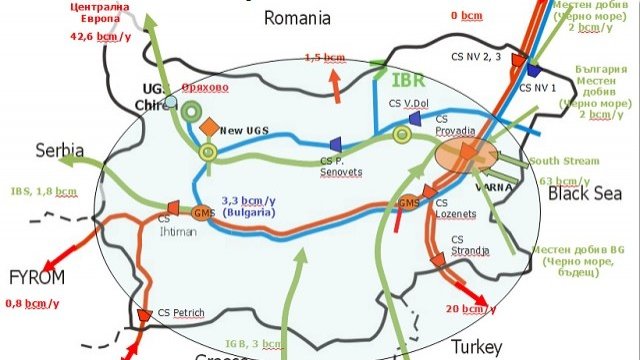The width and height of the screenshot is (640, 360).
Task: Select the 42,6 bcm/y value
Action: pos(98,38)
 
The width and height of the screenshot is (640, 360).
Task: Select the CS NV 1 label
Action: pos(543,87)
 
